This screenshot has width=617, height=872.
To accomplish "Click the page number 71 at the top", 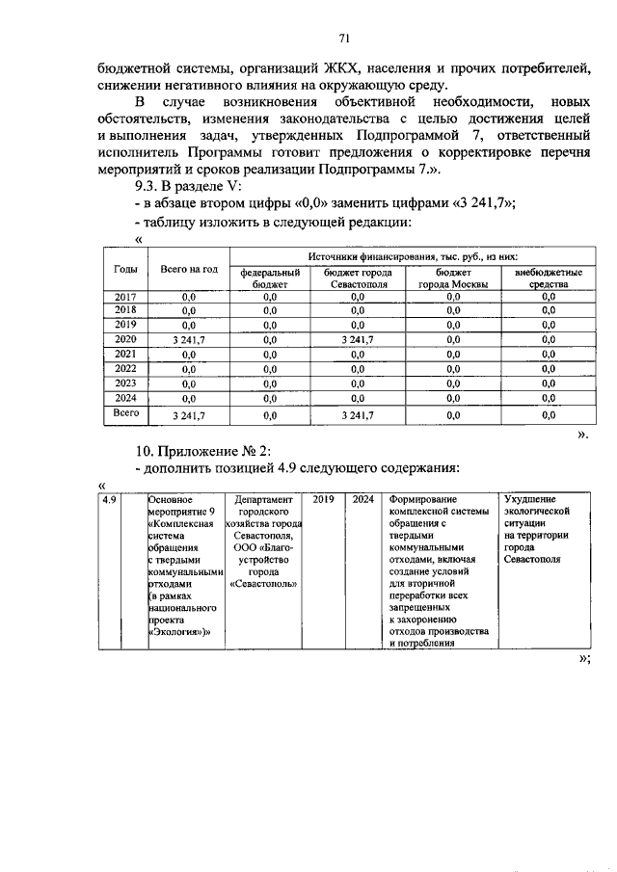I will pos(342,38).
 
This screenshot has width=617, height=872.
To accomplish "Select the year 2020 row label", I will pos(125,338).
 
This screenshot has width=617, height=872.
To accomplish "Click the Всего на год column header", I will pos(190,270).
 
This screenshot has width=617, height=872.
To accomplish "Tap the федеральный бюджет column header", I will pos(270,277).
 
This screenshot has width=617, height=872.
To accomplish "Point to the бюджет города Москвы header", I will pos(452,277).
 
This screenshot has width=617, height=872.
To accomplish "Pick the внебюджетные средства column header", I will pos(548,277).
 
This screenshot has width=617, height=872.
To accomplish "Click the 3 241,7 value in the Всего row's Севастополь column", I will pos(357,415).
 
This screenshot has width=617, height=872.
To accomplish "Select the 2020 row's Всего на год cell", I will pos(190,339).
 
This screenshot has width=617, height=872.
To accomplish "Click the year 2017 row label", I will pos(125,297).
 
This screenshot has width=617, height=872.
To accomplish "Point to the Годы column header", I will pos(125,270).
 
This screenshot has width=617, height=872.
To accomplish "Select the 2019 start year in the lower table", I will pos(323,500).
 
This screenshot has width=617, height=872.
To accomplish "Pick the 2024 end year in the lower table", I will pos(363,500).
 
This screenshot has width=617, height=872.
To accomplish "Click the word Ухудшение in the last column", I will pos(531,500).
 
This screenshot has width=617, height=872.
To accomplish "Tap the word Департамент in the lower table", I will pos(262,500).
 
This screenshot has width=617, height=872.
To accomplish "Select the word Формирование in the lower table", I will pos(423,500).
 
